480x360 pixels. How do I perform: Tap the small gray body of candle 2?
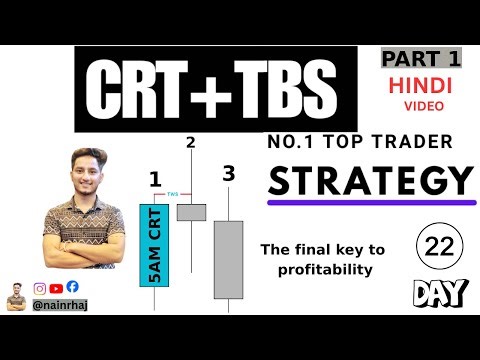pyautogui.click(x=190, y=211)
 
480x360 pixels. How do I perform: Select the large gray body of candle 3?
pyautogui.click(x=229, y=259)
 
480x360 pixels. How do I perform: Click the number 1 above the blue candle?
pyautogui.click(x=155, y=180)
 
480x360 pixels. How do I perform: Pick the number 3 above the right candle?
pyautogui.click(x=229, y=174)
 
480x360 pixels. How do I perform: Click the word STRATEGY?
pyautogui.click(x=370, y=182)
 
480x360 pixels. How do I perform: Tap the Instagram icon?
pyautogui.click(x=41, y=287)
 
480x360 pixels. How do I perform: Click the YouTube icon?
pyautogui.click(x=57, y=287)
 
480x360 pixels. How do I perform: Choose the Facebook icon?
pyautogui.click(x=73, y=287)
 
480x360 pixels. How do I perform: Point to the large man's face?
pyautogui.click(x=75, y=169)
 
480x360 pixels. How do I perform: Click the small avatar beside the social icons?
pyautogui.click(x=17, y=297)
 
